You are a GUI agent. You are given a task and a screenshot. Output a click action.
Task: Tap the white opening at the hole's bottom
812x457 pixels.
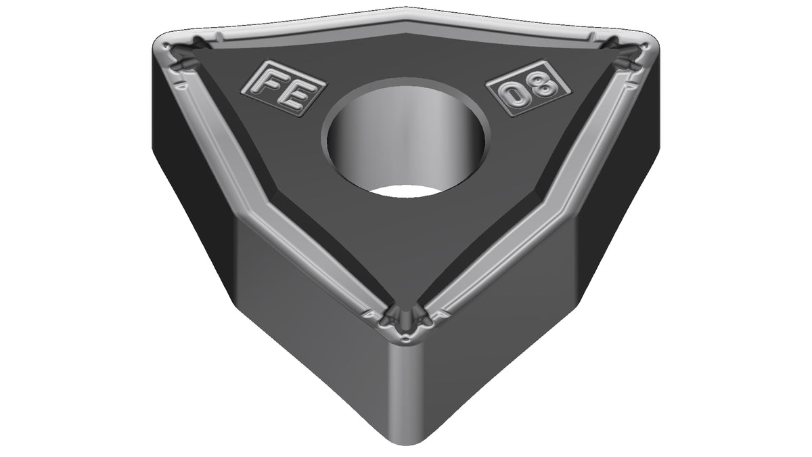click(405, 192)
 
